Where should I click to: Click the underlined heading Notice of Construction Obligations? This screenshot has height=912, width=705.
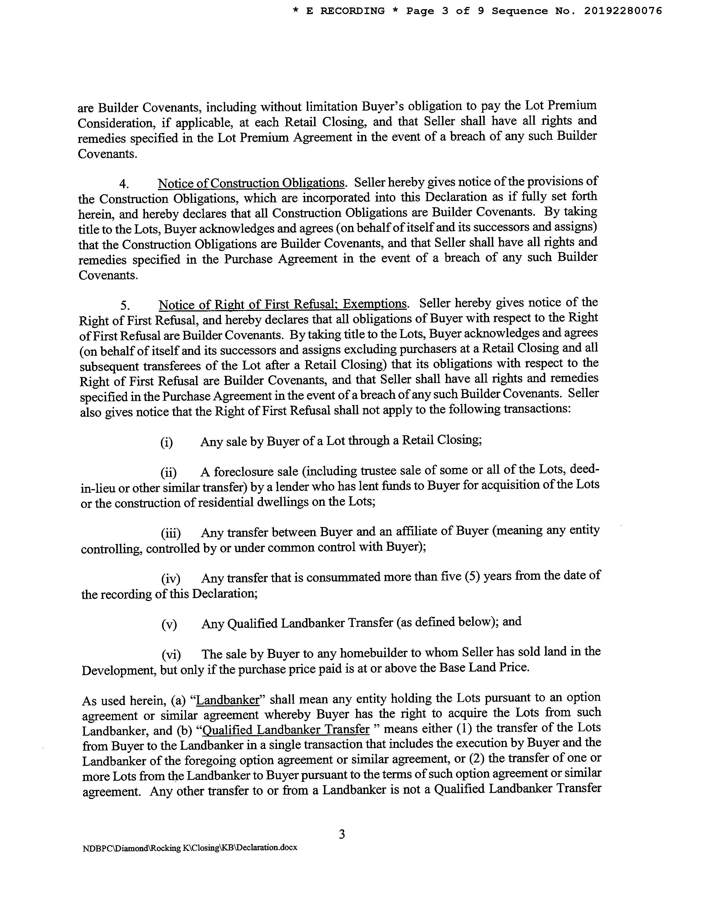(251, 183)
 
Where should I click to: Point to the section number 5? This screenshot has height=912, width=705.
(124, 305)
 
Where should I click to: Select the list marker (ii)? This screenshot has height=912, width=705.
(168, 473)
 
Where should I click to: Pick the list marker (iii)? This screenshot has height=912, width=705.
(170, 534)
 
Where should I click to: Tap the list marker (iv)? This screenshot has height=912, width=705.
(170, 579)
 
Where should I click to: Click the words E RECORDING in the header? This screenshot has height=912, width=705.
(345, 11)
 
